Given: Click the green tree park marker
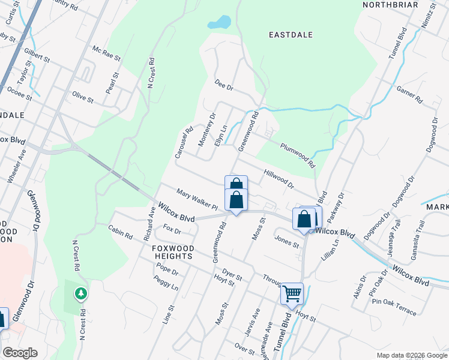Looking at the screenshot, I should point(80,293).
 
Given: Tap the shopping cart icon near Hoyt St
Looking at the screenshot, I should point(292,294).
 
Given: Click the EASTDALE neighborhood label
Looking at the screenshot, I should point(291,35).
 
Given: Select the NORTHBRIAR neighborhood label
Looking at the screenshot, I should point(390,5).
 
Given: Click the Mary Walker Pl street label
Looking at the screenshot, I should point(197,200).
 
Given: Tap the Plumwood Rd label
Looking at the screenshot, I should point(297,154).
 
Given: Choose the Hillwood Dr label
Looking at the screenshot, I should point(279,178).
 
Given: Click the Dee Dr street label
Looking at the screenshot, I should point(223,86).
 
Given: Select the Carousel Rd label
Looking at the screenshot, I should point(184,142).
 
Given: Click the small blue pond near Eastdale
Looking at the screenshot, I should point(220,23).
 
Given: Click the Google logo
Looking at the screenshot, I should point(20,353).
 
